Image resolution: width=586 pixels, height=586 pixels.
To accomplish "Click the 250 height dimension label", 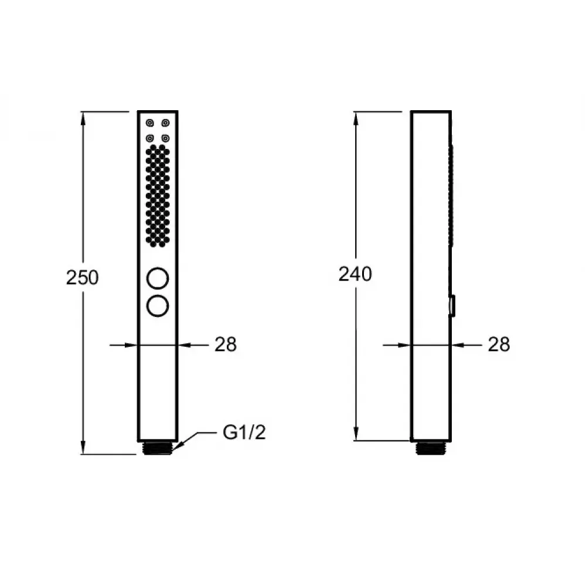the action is [x=82, y=277].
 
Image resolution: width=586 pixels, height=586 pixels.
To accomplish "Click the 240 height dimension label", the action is [x=355, y=274].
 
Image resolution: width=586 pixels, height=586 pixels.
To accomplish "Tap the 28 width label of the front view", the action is [x=226, y=344].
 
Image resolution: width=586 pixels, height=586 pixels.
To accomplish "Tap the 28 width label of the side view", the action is [x=499, y=344].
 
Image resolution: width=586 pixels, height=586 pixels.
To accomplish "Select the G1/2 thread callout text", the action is [x=244, y=432].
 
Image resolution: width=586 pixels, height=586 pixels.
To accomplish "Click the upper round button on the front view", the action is [x=158, y=278].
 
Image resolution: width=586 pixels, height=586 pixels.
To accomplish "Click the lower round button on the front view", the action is [x=158, y=306].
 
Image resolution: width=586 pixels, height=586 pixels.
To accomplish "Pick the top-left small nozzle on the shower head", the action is [x=150, y=123].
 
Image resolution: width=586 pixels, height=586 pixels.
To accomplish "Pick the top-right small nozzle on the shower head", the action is [x=166, y=123].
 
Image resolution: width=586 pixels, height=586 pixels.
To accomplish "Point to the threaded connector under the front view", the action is [x=158, y=448].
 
